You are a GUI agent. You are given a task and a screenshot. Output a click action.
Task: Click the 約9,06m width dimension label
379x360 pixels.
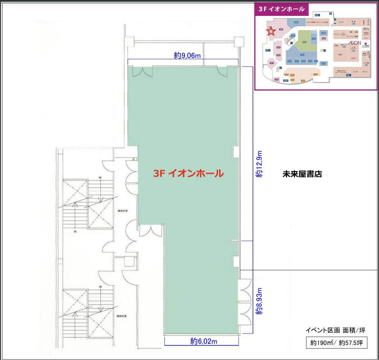pyautogui.click(x=187, y=56)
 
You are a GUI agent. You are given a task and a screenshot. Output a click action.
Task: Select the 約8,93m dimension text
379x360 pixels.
pyautogui.click(x=259, y=301)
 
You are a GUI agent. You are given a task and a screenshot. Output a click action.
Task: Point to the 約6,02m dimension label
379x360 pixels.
pyautogui.click(x=204, y=341)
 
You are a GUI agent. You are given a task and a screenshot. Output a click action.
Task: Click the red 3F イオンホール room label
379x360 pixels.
pyautogui.click(x=188, y=173)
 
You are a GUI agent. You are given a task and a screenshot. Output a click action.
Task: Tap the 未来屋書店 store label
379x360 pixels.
pyautogui.click(x=302, y=174)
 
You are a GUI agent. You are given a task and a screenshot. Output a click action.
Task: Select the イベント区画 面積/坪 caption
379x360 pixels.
pyautogui.click(x=335, y=330)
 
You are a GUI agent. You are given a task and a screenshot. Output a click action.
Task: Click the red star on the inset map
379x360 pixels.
pyautogui.click(x=271, y=31)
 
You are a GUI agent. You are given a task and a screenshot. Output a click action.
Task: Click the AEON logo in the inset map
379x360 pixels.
pyautogui.click(x=355, y=43)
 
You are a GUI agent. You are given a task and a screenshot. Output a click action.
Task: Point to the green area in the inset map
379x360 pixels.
pyautogui.click(x=304, y=41)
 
